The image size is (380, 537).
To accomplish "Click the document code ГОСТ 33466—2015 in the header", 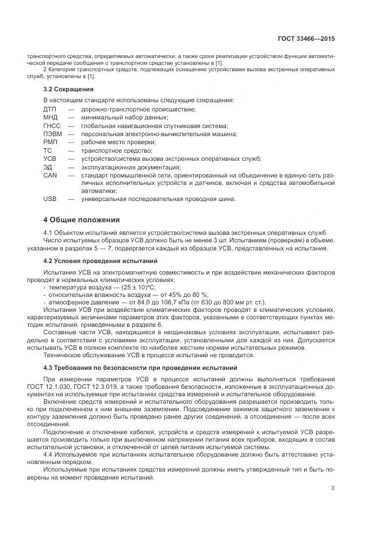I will [306, 39].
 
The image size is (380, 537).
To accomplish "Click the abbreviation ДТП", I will [50, 109].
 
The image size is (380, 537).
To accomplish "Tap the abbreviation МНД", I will [51, 117].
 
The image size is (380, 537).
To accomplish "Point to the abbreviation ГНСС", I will [52, 126].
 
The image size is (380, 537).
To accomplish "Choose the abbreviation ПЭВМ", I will [52, 134].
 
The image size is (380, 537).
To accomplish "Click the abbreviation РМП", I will [51, 142].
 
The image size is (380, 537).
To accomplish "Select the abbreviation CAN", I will [50, 175].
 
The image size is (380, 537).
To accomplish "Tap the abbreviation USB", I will [50, 199].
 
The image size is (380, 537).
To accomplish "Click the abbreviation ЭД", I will [48, 167].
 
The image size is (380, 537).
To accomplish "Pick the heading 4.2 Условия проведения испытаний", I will [91, 260].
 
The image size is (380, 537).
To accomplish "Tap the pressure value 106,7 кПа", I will [147, 302].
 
